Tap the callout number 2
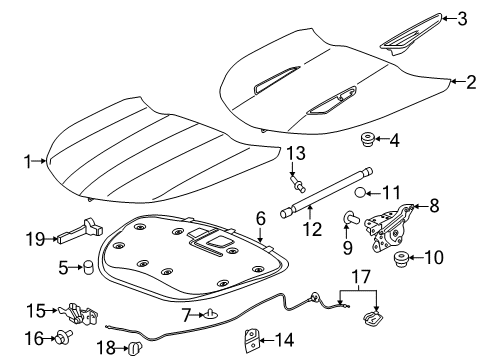[471, 82]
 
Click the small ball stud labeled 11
[360, 192]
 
